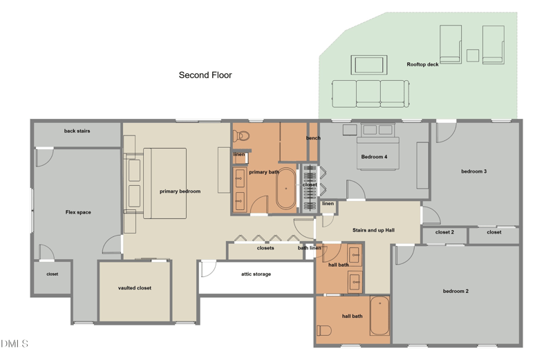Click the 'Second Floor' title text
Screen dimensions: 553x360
pos(205,75)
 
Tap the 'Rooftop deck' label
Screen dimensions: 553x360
pos(422,64)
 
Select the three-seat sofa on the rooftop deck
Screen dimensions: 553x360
pos(371,94)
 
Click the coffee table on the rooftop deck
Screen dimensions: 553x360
pos(369,65)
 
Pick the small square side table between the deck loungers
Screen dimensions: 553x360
pos(473,56)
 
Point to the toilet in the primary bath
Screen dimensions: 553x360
pos(241,135)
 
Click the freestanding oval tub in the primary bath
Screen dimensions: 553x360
pos(285,189)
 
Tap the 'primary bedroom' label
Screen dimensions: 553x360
pos(180,191)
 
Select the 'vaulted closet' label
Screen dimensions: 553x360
pos(135,287)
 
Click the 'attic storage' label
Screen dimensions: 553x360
pos(256,274)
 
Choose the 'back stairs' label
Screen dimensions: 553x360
pos(77,131)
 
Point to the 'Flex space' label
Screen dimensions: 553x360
pos(78,212)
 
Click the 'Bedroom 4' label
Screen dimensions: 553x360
pos(374,157)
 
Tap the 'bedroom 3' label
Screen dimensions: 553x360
pos(474,171)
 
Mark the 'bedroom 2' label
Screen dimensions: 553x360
pos(456,291)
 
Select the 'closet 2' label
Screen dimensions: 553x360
pos(444,232)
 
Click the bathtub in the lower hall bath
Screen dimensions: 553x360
pos(379,316)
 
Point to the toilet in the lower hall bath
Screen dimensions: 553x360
pos(324,331)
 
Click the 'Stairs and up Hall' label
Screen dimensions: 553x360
pos(373,230)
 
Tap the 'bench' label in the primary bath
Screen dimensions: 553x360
pos(313,138)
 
